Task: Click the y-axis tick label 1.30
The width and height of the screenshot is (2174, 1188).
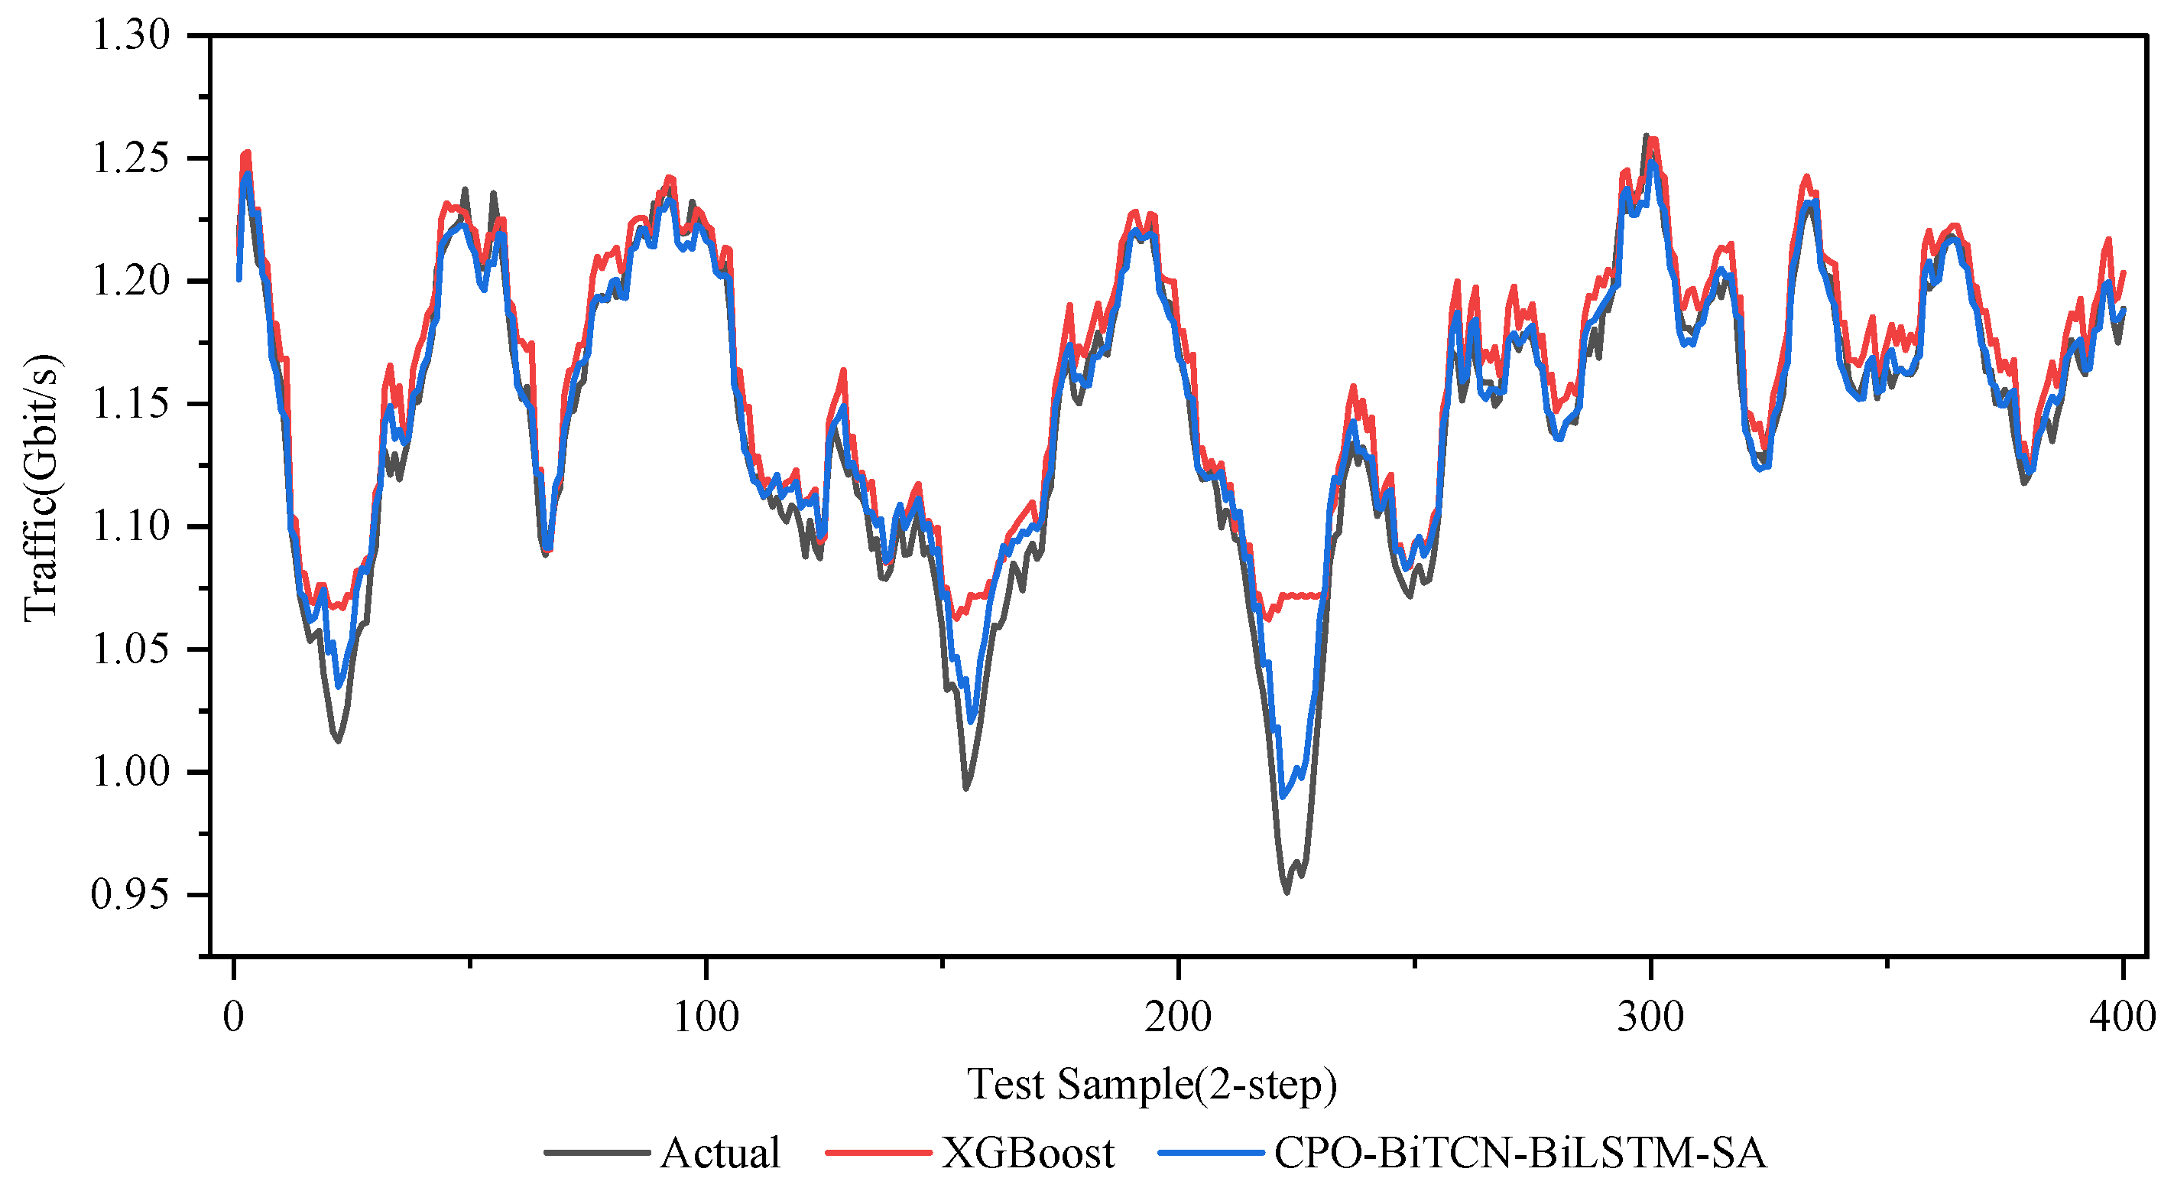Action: click(130, 36)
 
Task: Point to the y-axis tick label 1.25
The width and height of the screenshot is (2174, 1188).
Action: click(130, 159)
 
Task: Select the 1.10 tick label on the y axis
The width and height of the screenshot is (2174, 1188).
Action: click(130, 527)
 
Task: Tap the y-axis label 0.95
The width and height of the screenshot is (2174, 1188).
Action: click(130, 895)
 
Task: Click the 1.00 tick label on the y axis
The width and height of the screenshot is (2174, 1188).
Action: click(130, 773)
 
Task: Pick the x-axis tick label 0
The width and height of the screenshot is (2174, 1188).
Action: click(234, 1016)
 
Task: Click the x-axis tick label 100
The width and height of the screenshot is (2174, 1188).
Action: click(706, 1016)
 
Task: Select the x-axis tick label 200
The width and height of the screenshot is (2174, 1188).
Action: click(1177, 1016)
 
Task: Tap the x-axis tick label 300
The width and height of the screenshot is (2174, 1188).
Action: click(1650, 1016)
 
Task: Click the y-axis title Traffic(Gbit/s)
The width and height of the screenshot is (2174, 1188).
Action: click(41, 488)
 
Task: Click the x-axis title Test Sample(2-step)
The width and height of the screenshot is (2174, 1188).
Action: click(1152, 1085)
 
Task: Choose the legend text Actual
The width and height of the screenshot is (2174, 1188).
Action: click(720, 1154)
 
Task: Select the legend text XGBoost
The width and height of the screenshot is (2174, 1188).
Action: click(1028, 1154)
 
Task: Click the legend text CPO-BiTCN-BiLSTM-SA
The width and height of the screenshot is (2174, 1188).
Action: click(1520, 1154)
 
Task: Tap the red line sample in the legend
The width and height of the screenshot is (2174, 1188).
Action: click(878, 1153)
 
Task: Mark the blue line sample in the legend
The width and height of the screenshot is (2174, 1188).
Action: click(1211, 1153)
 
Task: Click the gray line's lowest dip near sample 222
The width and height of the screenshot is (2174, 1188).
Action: click(1287, 892)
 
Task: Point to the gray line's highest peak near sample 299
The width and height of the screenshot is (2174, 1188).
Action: click(1646, 136)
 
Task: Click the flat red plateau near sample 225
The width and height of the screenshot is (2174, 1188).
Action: click(1300, 595)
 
